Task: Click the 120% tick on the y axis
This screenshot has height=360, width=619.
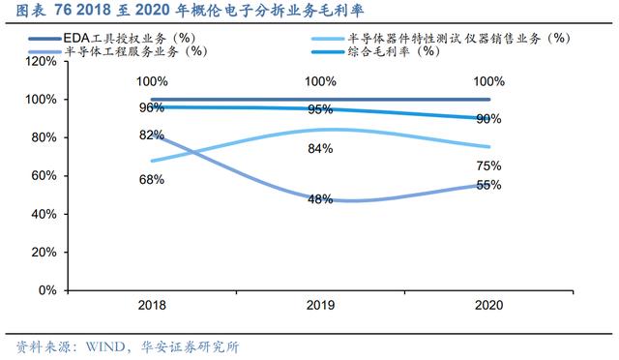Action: tap(41, 61)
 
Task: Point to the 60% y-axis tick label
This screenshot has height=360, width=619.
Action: tap(44, 175)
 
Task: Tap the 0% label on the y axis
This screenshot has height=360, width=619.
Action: tap(47, 290)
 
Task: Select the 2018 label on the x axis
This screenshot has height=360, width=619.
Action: tap(152, 305)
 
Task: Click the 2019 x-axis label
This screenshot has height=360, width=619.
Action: tap(320, 305)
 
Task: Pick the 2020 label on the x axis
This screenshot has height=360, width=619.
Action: tap(489, 305)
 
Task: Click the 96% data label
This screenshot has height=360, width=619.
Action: tap(152, 107)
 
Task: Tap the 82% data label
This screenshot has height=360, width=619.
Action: tap(152, 135)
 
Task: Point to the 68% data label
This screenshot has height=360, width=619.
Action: tap(152, 180)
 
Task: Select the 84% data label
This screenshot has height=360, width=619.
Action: tap(320, 149)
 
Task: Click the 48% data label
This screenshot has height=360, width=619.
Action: tap(320, 199)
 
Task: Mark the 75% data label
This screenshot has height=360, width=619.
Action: tap(488, 166)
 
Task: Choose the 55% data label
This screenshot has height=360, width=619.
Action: tap(488, 185)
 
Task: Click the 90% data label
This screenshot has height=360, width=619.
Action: tap(488, 119)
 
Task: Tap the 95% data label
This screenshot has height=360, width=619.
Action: tap(320, 109)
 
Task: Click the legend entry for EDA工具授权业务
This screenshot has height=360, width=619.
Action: tap(112, 39)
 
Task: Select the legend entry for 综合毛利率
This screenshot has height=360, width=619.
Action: tap(376, 51)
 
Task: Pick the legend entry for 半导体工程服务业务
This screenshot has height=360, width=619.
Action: tap(118, 51)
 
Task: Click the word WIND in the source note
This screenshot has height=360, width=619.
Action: tap(105, 347)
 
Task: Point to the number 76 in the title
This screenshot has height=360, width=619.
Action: tap(62, 11)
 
